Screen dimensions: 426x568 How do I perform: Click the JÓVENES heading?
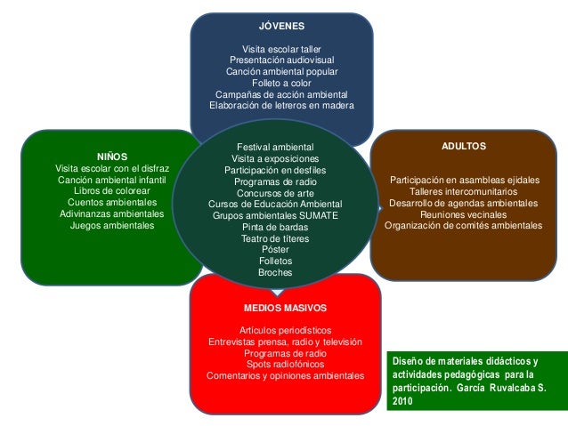[281, 27]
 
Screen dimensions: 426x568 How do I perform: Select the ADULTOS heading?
[463, 144]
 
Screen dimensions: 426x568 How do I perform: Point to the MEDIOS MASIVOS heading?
[285, 308]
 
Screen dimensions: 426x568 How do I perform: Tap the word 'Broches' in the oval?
[275, 272]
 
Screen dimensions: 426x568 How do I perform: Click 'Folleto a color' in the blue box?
[281, 83]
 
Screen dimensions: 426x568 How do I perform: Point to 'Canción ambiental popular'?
[281, 71]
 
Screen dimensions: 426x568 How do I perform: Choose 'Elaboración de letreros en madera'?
[281, 105]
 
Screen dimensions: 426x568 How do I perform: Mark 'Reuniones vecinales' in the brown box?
[463, 214]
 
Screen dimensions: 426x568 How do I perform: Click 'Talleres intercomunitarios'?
[463, 191]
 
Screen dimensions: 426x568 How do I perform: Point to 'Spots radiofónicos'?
[285, 364]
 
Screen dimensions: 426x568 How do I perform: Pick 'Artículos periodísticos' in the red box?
[285, 330]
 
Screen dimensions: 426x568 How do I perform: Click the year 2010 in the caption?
[402, 401]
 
